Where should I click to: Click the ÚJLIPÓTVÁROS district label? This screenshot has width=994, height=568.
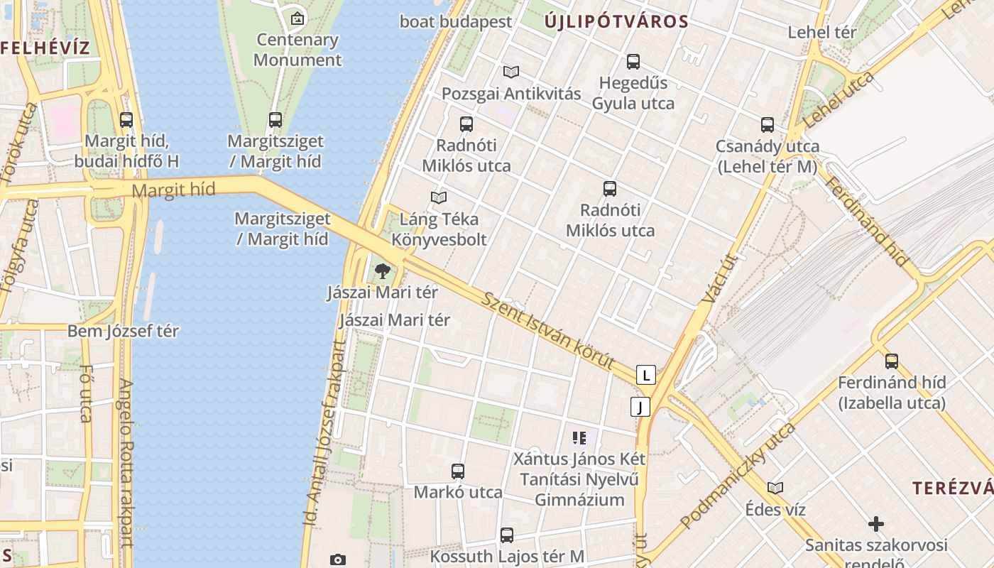coord(616,21)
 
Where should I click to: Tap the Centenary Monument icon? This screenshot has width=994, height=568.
coord(297,18)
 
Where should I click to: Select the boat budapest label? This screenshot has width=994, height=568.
coord(455,21)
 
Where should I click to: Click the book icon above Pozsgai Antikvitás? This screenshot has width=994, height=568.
coord(511,72)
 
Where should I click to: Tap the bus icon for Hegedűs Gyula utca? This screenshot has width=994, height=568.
coord(633,62)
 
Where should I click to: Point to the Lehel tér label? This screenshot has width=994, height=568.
coord(822,32)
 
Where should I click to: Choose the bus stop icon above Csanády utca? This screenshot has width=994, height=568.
coord(768,125)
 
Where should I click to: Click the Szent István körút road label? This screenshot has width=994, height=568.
coord(548,330)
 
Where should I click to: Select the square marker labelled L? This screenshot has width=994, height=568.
coord(645,374)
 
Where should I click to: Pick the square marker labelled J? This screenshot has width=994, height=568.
coord(640,407)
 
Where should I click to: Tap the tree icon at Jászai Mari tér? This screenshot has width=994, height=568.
coord(383,271)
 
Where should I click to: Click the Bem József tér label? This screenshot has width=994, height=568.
coord(123,331)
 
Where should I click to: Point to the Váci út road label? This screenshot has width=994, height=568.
coord(719,280)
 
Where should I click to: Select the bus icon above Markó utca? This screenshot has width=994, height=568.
coord(458,471)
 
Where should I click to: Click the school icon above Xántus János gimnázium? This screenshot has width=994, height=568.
coord(579,438)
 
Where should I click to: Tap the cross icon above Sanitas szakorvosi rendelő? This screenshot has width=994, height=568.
coord(876,524)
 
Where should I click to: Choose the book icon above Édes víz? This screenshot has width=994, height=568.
coord(775,488)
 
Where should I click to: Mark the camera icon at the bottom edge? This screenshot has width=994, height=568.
coord(338,560)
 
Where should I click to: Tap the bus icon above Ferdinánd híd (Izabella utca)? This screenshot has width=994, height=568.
coord(892,361)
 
